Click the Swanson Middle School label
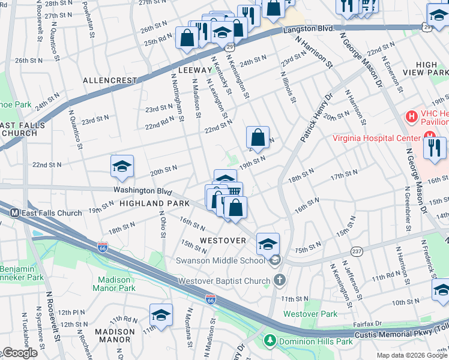[x=219, y=260]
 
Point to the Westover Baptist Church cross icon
[x=279, y=280]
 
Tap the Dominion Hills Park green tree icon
[x=270, y=341]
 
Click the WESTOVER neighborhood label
[x=223, y=240]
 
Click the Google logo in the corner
[x=19, y=353]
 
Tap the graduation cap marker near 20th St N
[x=122, y=167]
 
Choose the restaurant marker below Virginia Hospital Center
[x=435, y=147]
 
